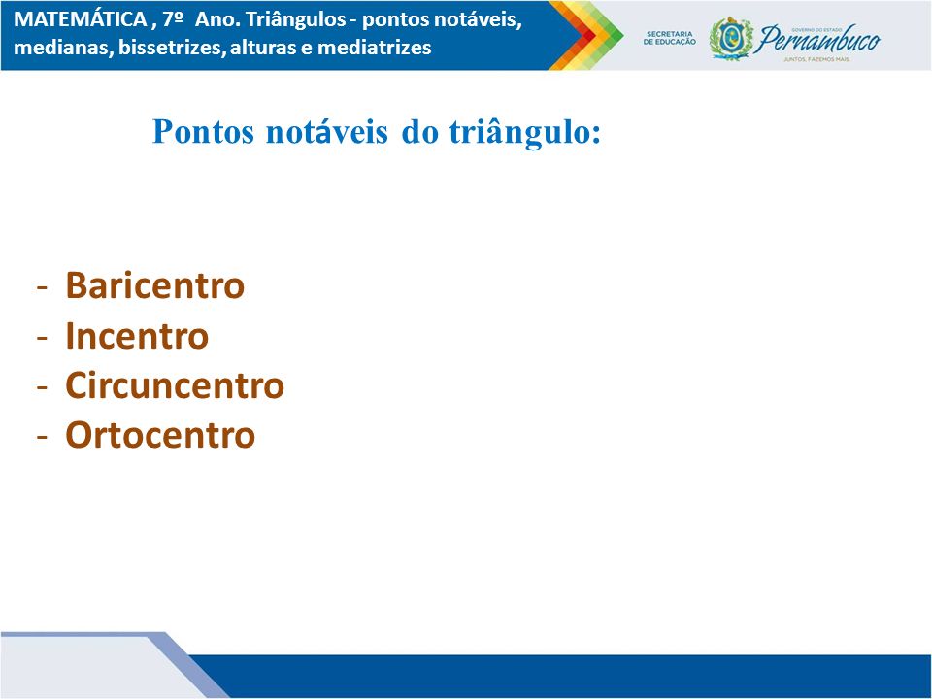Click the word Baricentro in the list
pos(154,285)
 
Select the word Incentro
pos(137,336)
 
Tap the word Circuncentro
pos(175,385)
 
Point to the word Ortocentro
pos(160,435)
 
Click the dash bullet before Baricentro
pos(42,287)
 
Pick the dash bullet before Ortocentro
pos(42,437)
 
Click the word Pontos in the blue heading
pos(204,131)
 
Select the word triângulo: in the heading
pos(525,132)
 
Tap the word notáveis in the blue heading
pos(327,131)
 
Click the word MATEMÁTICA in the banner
pos(81,19)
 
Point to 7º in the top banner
pos(172,19)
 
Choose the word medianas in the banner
pos(61,47)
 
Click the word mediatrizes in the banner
pos(375,47)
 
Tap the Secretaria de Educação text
pos(669,38)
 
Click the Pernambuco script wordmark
pos(817,39)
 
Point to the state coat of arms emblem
pos(731,39)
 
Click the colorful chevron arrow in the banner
pos(585,36)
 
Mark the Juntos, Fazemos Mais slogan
pos(816,59)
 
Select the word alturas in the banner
pos(263,47)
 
